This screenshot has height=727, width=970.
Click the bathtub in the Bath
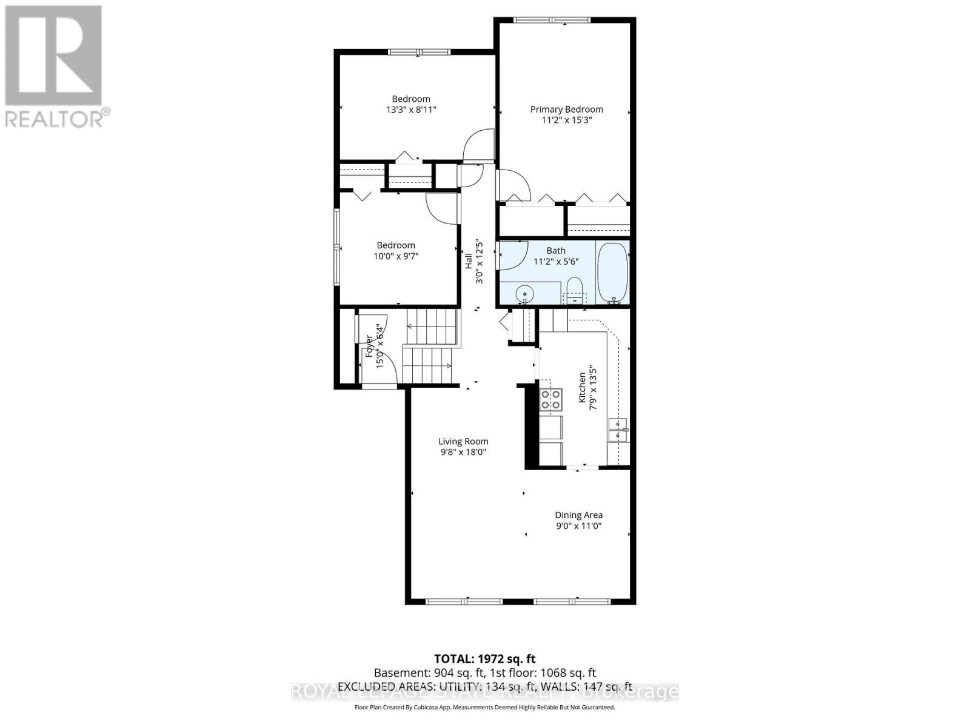pyautogui.click(x=613, y=273)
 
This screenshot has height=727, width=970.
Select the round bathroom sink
pyautogui.click(x=523, y=295)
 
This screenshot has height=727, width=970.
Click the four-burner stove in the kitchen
pyautogui.click(x=551, y=400)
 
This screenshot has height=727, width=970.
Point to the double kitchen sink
pyautogui.click(x=618, y=429)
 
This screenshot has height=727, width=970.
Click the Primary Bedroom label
pyautogui.click(x=566, y=110)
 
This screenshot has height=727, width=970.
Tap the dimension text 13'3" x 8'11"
pyautogui.click(x=411, y=110)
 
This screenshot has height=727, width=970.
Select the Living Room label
pyautogui.click(x=463, y=442)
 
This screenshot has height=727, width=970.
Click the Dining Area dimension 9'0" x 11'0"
pyautogui.click(x=578, y=526)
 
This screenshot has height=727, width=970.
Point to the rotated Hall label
pyautogui.click(x=469, y=262)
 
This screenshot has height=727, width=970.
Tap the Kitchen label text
pyautogui.click(x=582, y=388)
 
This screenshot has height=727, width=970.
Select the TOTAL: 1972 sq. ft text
pyautogui.click(x=484, y=659)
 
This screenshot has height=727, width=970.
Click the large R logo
pyautogui.click(x=53, y=55)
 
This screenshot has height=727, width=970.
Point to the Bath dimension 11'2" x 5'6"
pyautogui.click(x=556, y=262)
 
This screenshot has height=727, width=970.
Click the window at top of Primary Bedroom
pyautogui.click(x=551, y=21)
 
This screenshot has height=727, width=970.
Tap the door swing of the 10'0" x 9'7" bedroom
pyautogui.click(x=441, y=209)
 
